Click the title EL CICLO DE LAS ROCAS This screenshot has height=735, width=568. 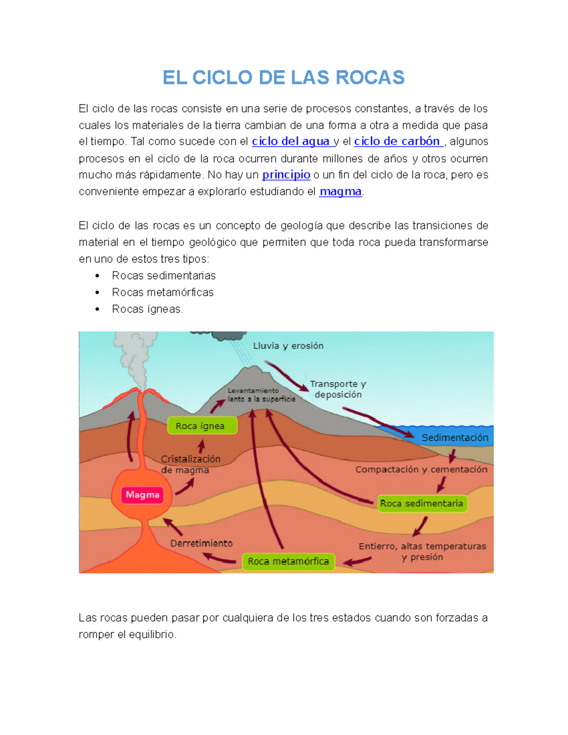coord(284,78)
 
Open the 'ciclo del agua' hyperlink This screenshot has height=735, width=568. coord(291,142)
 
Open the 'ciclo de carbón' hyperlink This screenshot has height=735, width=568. coord(397,142)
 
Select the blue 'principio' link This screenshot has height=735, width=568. coord(286,175)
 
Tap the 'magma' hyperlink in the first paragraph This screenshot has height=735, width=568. coord(340,192)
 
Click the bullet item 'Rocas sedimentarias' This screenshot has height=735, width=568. coord(163,275)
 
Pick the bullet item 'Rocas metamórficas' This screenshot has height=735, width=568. coord(162,292)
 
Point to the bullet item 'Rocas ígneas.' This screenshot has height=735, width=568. coord(147,309)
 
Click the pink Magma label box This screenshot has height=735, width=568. coord(142,495)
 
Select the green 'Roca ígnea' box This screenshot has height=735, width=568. coord(200,426)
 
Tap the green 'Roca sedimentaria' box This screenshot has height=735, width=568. coord(421,504)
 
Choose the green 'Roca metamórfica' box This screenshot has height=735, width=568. coord(288,561)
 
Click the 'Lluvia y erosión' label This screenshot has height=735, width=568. coord(288,346)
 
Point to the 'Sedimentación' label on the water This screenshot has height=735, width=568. coord(454,438)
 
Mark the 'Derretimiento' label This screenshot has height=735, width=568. coord(201,543)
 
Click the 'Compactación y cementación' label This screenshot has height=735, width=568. coord(421,469)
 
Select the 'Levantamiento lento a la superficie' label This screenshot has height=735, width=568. coord(261,395)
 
